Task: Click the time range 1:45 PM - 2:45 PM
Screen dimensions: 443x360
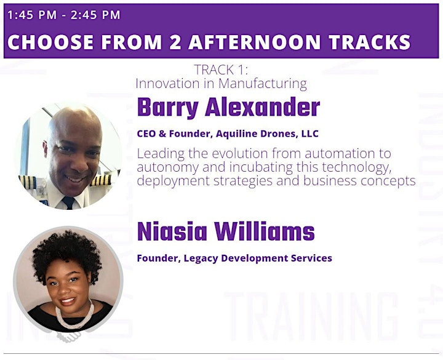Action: [64, 15]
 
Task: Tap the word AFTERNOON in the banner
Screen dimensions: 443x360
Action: [254, 42]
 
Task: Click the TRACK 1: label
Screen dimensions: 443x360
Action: [221, 70]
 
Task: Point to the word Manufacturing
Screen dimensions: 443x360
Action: [263, 84]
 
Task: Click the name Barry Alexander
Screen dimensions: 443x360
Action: [228, 107]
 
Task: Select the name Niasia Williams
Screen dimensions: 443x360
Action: [226, 231]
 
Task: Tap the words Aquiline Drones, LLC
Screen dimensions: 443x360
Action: [267, 134]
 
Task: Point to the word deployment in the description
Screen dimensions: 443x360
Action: [173, 181]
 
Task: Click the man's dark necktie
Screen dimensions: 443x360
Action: [69, 202]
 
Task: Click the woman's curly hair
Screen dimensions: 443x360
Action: [66, 252]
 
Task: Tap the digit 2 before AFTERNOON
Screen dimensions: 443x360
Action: [175, 42]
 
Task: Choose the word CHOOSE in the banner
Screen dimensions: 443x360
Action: [50, 42]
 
